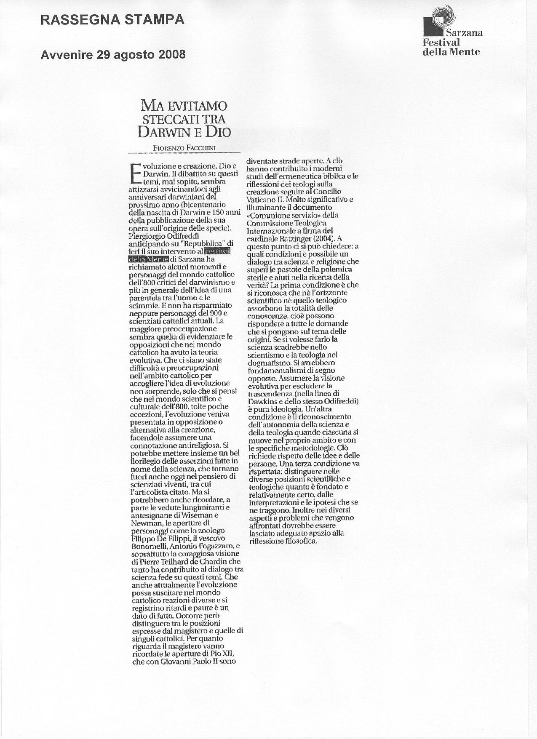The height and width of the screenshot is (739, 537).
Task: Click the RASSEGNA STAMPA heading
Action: (x=112, y=20)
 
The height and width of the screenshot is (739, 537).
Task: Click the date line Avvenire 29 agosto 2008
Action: (x=113, y=55)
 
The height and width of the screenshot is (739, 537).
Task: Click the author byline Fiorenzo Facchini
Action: (x=184, y=147)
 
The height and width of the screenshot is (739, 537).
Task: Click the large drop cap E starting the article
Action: (x=135, y=173)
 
